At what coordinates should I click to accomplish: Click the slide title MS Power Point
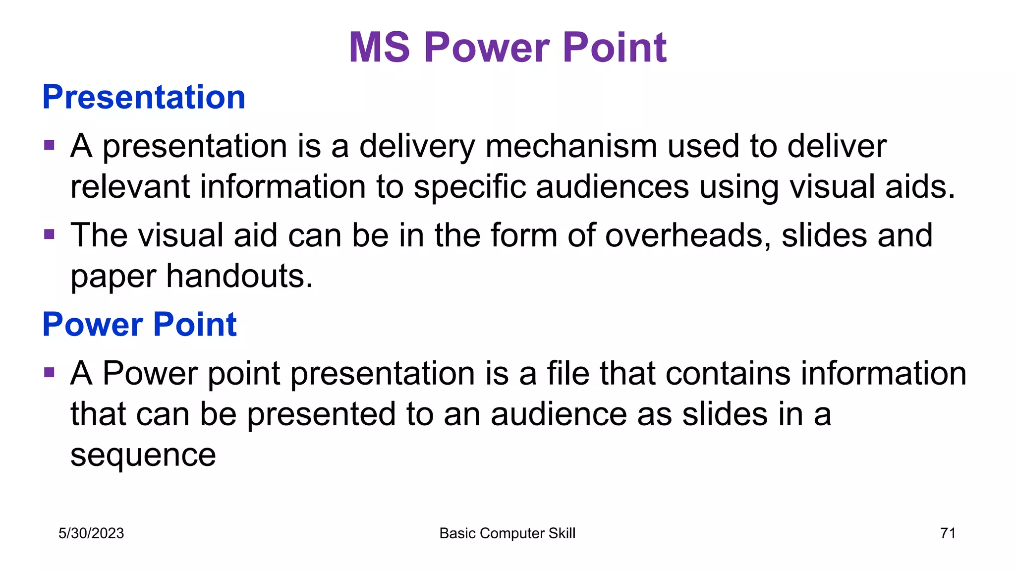(507, 48)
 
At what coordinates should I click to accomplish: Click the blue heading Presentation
(144, 97)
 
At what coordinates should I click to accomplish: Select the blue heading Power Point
(139, 325)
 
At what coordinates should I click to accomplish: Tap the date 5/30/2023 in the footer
(91, 533)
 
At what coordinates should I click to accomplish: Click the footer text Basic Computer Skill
(507, 533)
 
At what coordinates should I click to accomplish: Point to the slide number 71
(948, 533)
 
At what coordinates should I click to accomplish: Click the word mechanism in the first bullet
(571, 147)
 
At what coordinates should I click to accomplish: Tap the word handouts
(239, 276)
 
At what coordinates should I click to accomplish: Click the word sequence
(143, 455)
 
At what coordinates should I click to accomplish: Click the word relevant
(130, 187)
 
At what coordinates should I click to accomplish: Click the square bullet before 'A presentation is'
(49, 145)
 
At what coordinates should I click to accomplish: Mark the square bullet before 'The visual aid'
(49, 234)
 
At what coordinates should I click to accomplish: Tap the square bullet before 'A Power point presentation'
(49, 372)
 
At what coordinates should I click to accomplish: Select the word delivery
(417, 147)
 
